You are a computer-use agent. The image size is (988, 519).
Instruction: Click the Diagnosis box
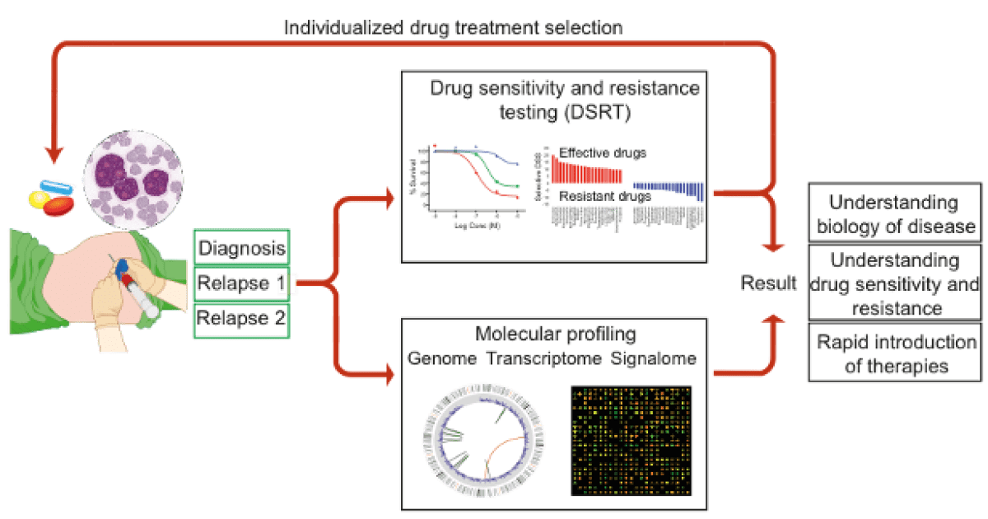coord(241,247)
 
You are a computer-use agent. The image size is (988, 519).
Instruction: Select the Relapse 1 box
coord(241,283)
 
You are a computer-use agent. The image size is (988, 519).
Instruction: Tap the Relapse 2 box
coord(241,319)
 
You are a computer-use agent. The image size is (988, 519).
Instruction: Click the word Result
coord(768,284)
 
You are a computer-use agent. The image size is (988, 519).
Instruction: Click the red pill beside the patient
coord(57,205)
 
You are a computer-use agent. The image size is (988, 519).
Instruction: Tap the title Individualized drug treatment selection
coord(452,27)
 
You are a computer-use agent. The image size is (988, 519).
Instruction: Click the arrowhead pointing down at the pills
coord(54,154)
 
